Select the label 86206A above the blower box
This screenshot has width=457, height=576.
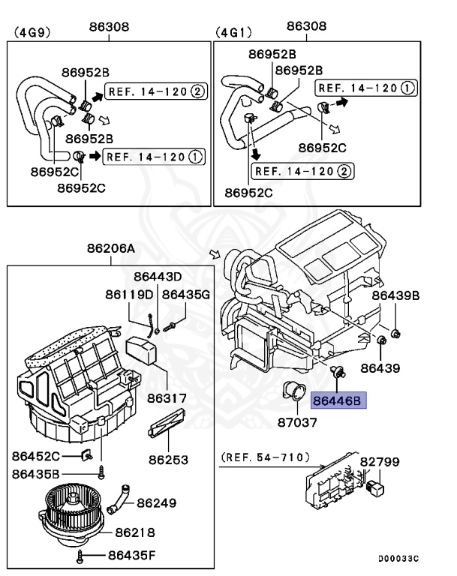coord(110,248)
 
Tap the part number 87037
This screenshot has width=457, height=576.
coord(299,422)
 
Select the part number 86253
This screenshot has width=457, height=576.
coord(168,460)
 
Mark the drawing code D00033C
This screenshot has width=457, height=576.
coord(394,559)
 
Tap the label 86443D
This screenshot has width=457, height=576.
coord(158,277)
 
